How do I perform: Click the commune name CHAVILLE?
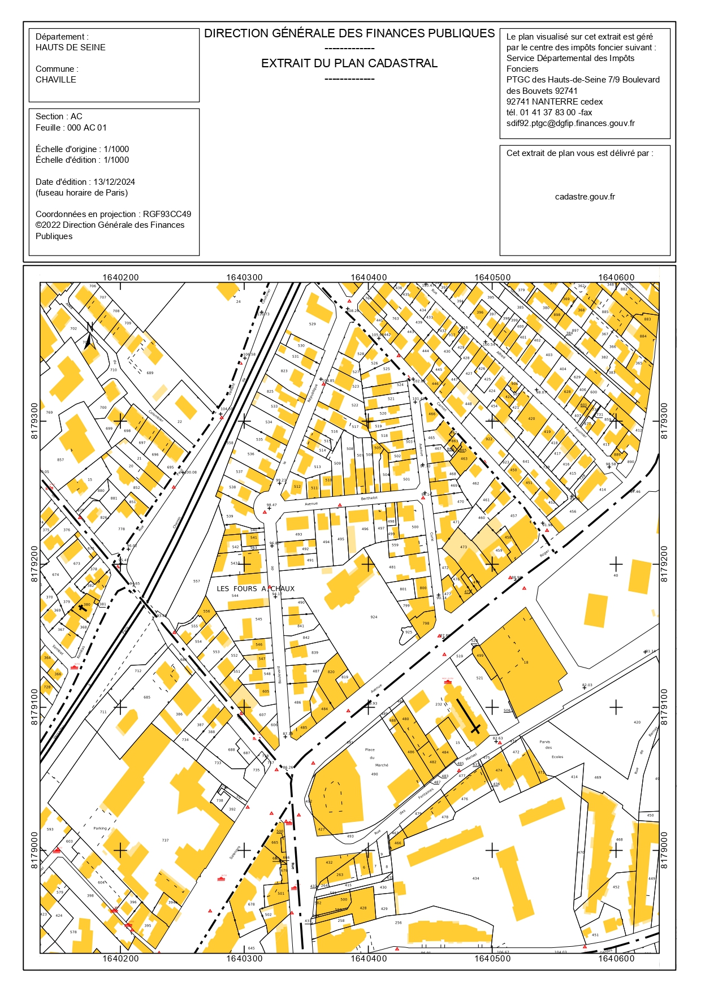[x=55, y=80]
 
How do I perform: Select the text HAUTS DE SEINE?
[x=70, y=47]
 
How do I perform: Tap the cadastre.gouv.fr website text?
[x=585, y=197]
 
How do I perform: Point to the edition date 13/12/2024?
[x=114, y=182]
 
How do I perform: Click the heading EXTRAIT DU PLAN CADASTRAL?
[x=349, y=63]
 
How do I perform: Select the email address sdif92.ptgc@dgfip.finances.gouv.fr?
[x=570, y=123]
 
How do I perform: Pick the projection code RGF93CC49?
[x=167, y=214]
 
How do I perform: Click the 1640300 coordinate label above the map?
[x=244, y=278]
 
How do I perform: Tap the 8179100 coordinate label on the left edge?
[x=34, y=707]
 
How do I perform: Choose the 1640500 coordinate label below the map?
[x=492, y=958]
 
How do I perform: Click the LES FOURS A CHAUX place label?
[x=256, y=588]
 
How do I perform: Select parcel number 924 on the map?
[x=374, y=617]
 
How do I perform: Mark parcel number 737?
[x=165, y=840]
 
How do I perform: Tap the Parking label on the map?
[x=100, y=828]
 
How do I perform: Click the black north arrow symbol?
[x=89, y=337]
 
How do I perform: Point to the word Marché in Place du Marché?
[x=382, y=765]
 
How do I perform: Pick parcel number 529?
[x=312, y=324]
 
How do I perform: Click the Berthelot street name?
[x=369, y=498]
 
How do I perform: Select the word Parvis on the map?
[x=544, y=742]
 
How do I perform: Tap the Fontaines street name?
[x=426, y=794]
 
